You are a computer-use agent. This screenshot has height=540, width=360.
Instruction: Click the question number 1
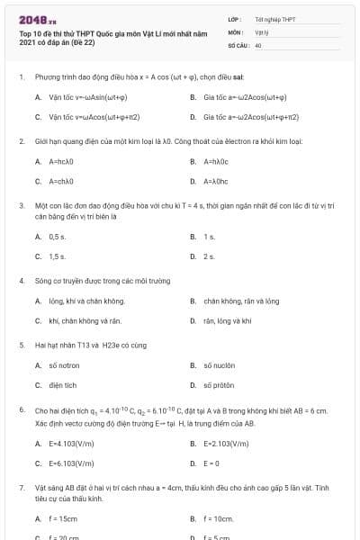point(21,77)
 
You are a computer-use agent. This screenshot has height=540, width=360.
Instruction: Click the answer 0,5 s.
point(58,237)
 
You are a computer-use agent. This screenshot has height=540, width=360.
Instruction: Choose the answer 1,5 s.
point(58,256)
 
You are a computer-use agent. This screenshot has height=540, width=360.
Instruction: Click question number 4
point(21,281)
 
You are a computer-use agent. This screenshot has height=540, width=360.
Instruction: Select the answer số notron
point(64,365)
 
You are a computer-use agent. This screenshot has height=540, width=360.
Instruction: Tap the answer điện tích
point(64,385)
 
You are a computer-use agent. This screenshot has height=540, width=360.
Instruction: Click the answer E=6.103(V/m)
point(71,463)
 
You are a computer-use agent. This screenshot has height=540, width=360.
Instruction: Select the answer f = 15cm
point(63,519)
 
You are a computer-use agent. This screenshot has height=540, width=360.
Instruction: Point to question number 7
point(21,488)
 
